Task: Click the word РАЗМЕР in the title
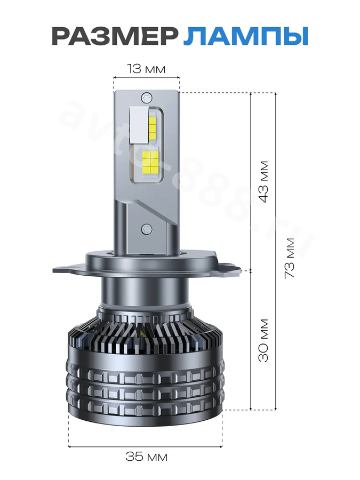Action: click(115, 36)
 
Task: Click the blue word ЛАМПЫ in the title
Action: click(245, 36)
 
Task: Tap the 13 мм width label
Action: click(146, 69)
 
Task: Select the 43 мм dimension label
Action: click(263, 181)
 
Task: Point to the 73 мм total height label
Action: click(289, 258)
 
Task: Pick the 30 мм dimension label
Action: click(263, 340)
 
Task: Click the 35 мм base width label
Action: click(146, 457)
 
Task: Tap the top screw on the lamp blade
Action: click(146, 98)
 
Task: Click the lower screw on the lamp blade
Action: click(146, 228)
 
